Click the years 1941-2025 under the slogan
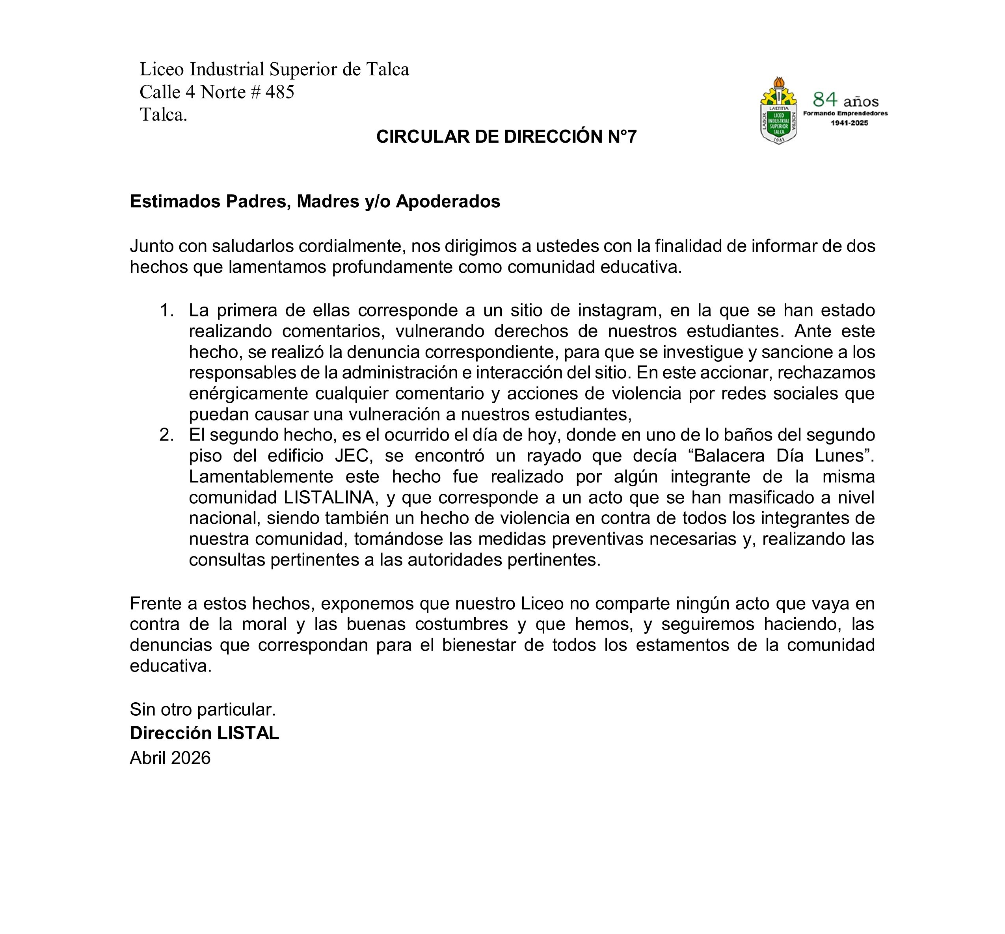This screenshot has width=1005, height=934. [x=849, y=123]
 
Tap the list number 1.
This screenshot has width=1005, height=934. [x=166, y=310]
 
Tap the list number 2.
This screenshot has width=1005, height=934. [x=166, y=435]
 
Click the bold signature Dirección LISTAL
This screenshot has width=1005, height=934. [x=204, y=733]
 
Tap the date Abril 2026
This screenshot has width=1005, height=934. [x=170, y=757]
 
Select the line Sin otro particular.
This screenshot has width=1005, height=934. [x=203, y=710]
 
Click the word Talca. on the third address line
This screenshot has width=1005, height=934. [x=163, y=115]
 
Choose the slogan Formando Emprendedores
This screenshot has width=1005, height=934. [x=845, y=113]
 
